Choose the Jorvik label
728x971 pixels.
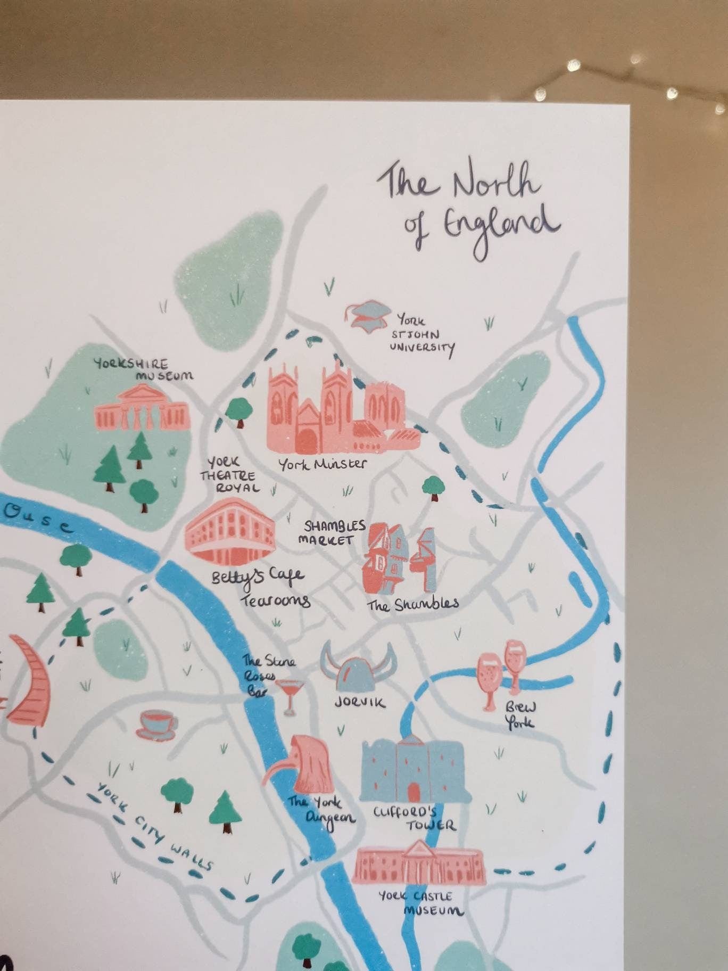pos(360,703)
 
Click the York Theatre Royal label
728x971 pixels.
pos(230,475)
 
